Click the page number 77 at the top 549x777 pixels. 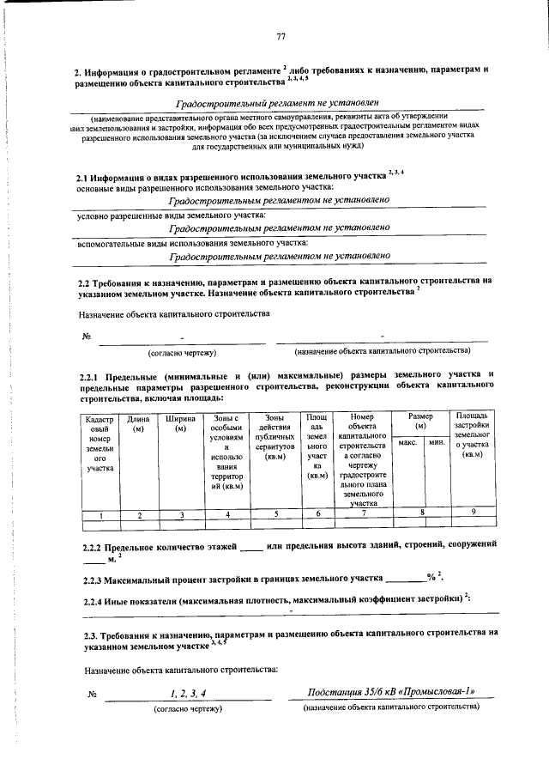[x=281, y=35]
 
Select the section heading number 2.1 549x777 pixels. [x=87, y=176]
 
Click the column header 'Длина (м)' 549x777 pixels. [x=139, y=422]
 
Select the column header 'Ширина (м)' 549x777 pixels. [x=180, y=422]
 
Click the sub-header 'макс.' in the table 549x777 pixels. [x=407, y=441]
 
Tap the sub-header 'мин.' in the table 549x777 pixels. [x=436, y=441]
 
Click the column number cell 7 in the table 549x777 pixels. [x=364, y=514]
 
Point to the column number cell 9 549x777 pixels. [x=473, y=514]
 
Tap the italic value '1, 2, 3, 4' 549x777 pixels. [x=188, y=692]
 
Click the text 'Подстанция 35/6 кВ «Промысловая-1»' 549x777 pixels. [x=390, y=692]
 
